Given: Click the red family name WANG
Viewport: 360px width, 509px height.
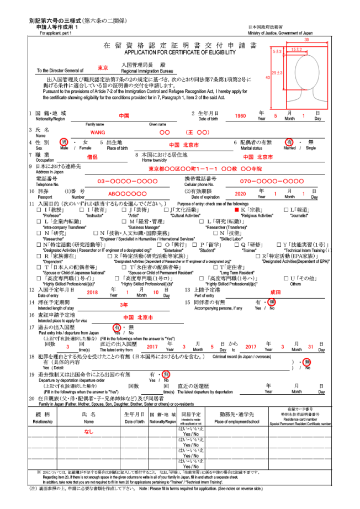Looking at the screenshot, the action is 97,132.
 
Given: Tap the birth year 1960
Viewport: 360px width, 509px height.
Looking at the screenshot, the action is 240,116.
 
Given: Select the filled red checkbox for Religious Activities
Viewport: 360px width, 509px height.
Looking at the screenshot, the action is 237,210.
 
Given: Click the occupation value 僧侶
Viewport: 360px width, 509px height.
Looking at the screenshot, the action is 92,157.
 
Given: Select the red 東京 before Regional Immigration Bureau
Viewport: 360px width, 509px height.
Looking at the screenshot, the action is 103,68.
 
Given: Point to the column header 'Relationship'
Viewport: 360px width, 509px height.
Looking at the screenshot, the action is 43,421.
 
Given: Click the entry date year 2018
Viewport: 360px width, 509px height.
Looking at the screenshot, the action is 92,292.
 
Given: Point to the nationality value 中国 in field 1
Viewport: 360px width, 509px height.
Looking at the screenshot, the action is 124,116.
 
